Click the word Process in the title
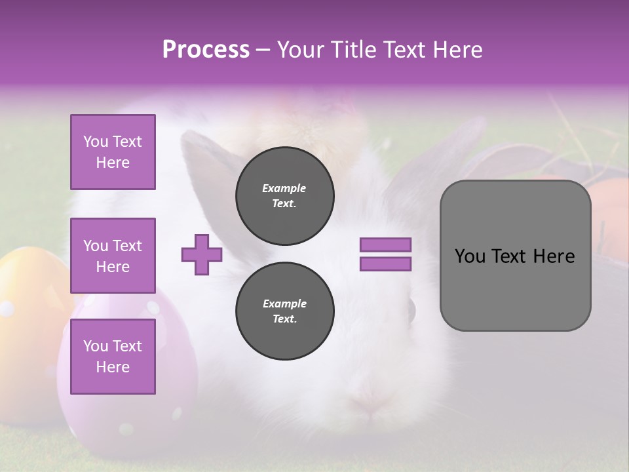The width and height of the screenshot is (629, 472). [206, 50]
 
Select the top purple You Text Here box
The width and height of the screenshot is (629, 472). [113, 152]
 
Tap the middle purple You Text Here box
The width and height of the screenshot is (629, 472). [113, 256]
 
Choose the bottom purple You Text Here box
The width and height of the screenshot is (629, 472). [113, 357]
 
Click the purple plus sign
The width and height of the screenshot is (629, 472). [202, 254]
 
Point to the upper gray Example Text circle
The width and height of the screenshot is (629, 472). [285, 196]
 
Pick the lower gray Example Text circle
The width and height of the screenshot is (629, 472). [285, 311]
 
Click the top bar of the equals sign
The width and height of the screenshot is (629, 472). [385, 245]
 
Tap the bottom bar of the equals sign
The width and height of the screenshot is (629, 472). [385, 264]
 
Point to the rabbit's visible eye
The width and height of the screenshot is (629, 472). [411, 309]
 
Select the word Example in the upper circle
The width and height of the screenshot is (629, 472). [284, 188]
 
